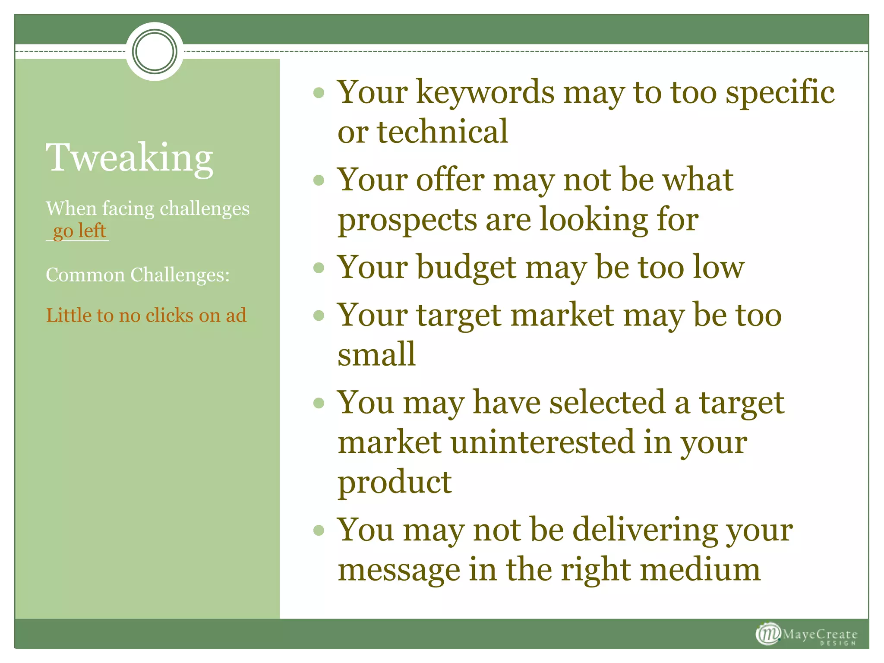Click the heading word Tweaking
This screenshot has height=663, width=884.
129,158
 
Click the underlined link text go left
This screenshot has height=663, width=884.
79,230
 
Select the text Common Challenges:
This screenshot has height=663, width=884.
138,275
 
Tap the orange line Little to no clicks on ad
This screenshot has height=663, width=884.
146,316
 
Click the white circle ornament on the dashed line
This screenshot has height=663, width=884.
155,51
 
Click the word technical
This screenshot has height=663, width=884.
442,132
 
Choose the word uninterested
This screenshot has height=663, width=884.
543,442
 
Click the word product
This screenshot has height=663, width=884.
395,483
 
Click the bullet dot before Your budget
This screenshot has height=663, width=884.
319,268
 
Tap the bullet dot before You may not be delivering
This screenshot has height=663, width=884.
319,530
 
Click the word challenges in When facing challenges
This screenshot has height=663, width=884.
205,209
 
